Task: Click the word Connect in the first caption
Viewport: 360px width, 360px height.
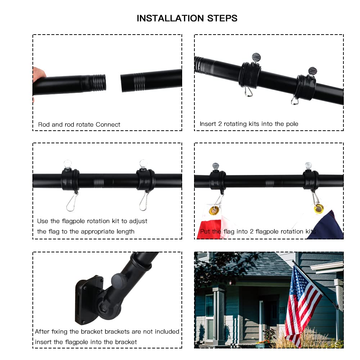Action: click(108, 125)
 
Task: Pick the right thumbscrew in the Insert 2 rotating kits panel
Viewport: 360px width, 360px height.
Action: click(312, 71)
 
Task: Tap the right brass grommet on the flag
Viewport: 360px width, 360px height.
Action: click(318, 208)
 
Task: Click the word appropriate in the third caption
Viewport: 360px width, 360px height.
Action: click(96, 231)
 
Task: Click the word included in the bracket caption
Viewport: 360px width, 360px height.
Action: click(166, 331)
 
